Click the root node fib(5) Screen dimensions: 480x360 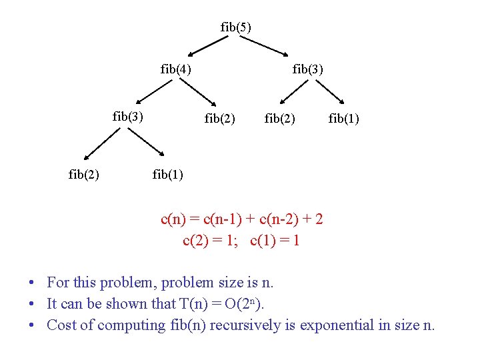click(236, 27)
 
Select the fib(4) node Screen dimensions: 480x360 click(176, 69)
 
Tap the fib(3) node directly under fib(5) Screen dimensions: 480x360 click(308, 69)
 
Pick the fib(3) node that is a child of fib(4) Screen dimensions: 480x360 click(128, 117)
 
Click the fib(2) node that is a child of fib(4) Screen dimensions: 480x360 click(220, 119)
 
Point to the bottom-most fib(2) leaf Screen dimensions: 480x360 click(84, 175)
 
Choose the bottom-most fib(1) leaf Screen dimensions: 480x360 click(168, 175)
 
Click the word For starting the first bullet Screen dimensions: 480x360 click(59, 282)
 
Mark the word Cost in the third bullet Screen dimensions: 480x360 click(61, 325)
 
